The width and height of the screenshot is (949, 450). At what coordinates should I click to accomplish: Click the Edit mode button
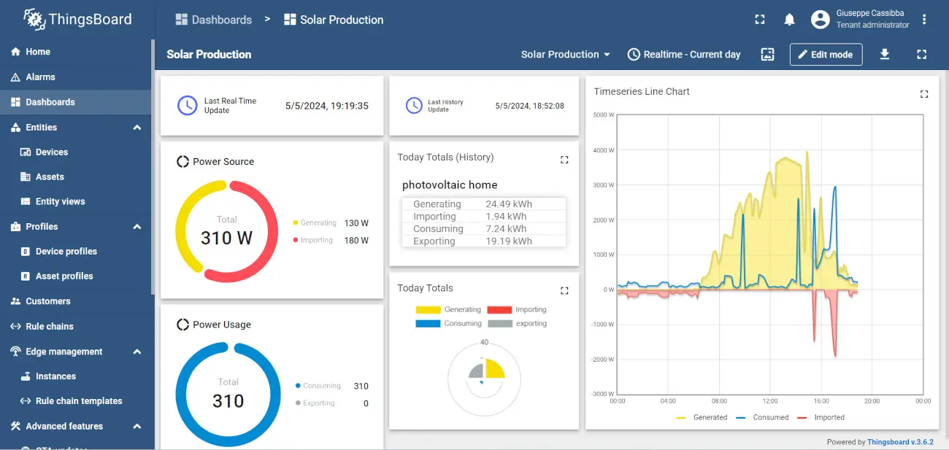(x=826, y=55)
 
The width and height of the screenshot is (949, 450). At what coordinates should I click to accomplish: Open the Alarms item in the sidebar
(x=40, y=77)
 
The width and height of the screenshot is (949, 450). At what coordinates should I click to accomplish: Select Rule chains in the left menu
(x=49, y=327)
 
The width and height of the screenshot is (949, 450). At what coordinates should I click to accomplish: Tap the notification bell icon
(x=789, y=20)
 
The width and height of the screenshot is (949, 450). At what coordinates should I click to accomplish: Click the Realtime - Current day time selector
(x=684, y=55)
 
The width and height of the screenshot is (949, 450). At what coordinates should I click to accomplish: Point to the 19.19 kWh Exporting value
(x=508, y=241)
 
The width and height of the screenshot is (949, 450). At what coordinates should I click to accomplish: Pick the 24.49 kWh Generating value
(x=508, y=204)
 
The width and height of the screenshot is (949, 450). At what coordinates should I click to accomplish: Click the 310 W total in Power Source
(x=226, y=238)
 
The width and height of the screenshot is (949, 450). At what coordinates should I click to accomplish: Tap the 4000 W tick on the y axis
(x=603, y=150)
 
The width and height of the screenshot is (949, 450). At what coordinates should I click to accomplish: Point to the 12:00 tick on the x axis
(x=770, y=401)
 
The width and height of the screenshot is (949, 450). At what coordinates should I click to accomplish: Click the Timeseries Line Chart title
(x=642, y=91)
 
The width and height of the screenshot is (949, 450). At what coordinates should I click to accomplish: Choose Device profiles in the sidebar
(x=66, y=252)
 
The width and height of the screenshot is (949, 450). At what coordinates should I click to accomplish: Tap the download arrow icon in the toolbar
(x=885, y=54)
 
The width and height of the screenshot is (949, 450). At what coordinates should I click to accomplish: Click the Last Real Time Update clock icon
(x=187, y=106)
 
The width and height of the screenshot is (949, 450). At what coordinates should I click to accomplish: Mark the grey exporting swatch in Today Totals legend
(x=500, y=324)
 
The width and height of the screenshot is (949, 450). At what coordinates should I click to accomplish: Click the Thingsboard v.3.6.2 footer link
(x=900, y=442)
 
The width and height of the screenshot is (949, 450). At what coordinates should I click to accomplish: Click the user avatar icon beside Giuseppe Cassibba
(x=821, y=20)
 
